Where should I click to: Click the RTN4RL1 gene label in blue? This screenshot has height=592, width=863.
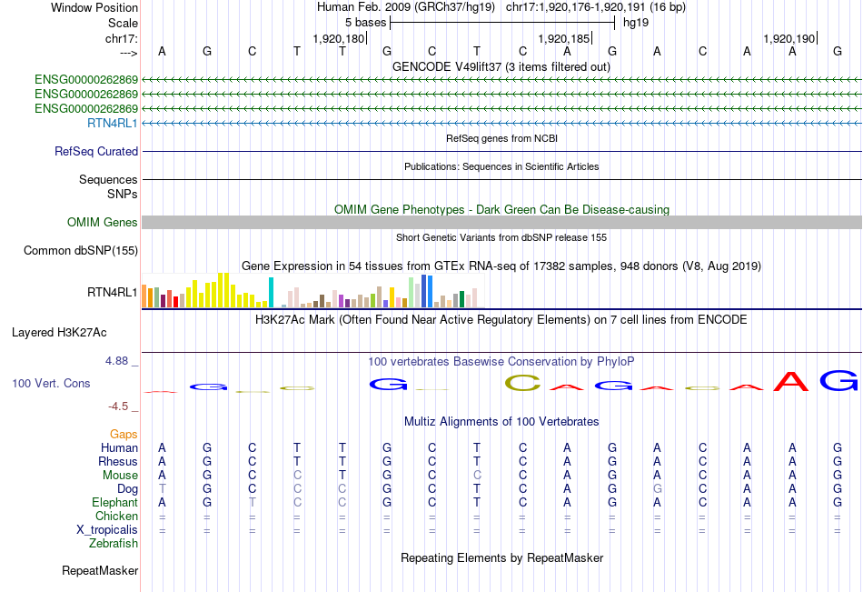point(113,123)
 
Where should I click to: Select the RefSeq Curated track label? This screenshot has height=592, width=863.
point(96,152)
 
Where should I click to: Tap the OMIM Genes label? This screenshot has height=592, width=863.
point(103,223)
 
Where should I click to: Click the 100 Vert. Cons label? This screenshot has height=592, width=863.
point(51,384)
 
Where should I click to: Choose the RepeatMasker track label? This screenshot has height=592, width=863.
point(100,571)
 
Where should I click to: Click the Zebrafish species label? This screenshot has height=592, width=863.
point(114,544)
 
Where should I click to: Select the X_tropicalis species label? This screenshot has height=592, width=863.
point(107,530)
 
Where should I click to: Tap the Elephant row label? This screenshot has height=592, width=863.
point(114,503)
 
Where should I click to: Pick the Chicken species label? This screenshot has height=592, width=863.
point(116,517)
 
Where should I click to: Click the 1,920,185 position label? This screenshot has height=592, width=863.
point(562,39)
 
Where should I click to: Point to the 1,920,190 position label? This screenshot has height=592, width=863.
point(788,39)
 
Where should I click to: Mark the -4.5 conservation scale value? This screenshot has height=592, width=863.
point(119,406)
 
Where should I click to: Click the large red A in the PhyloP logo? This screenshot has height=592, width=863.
point(791,382)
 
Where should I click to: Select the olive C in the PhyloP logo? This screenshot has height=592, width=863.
point(522,384)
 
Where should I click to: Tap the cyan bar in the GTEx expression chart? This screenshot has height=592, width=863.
point(271,292)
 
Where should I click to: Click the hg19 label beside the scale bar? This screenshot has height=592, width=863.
point(635,22)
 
